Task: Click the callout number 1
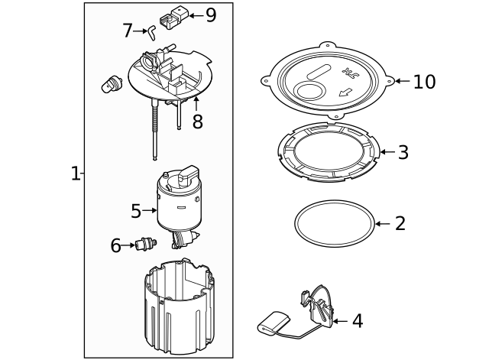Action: pos(75,174)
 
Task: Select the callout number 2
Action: pos(400,224)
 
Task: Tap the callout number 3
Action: pos(403,152)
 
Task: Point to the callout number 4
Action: pos(357,322)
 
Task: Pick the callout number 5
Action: pos(136,210)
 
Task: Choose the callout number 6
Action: pos(116,245)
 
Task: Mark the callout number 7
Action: pos(128,31)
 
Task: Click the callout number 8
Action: pos(197,122)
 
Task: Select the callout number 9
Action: pos(211,15)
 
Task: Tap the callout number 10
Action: pos(424,82)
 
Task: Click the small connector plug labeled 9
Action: pos(171,17)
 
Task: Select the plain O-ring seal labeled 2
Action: pos(334,225)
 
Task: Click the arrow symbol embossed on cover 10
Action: pos(345,93)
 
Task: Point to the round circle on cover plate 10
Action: pos(309,94)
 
